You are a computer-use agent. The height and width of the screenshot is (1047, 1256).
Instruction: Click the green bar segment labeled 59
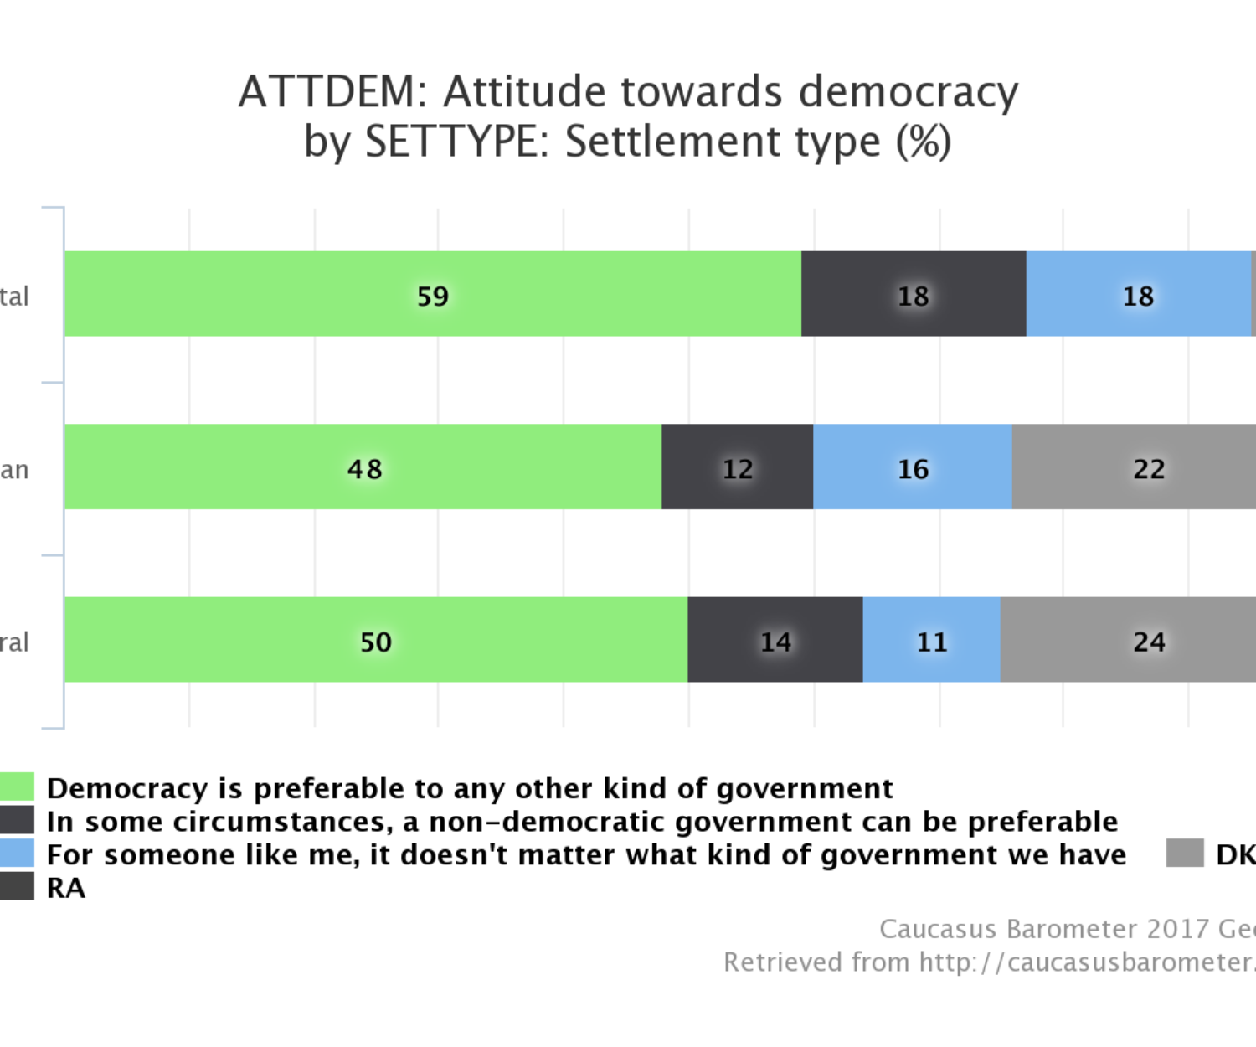[432, 294]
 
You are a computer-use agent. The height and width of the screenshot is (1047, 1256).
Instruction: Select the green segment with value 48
[363, 467]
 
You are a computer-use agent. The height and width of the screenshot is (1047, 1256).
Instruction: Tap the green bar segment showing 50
[375, 640]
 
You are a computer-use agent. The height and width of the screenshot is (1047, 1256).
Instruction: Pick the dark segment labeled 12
[737, 467]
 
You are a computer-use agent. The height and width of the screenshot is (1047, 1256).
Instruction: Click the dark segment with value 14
[775, 640]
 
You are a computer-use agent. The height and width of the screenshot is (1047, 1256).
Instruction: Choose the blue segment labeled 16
[913, 467]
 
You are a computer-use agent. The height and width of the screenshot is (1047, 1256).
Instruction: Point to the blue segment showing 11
[931, 640]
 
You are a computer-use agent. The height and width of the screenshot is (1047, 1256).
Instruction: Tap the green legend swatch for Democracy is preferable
[17, 787]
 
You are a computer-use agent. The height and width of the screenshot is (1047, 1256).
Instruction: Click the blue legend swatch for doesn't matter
[17, 854]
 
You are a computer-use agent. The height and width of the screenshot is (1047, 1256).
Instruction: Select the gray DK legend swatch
[1185, 854]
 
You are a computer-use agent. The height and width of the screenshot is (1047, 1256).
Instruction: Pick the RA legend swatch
[17, 886]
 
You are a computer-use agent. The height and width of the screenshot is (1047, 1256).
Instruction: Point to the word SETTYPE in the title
[456, 142]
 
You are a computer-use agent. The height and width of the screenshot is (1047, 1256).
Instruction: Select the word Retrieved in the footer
[783, 962]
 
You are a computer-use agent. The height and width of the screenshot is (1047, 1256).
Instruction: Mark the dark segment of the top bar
[913, 294]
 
